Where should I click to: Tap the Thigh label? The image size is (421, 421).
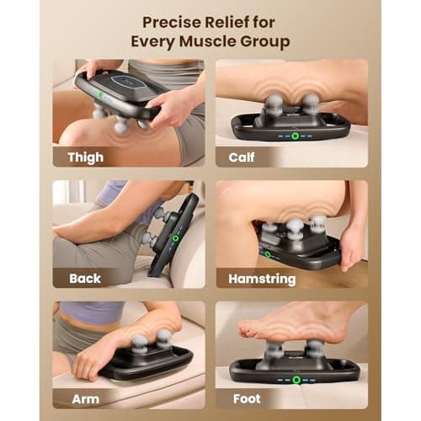(86, 157)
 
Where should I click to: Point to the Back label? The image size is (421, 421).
(83, 278)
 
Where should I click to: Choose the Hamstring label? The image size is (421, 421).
(261, 278)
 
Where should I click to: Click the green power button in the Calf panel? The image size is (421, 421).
(295, 136)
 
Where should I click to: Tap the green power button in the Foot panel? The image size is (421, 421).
(296, 380)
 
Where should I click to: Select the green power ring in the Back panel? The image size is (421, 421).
(175, 238)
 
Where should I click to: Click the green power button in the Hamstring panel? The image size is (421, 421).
(267, 253)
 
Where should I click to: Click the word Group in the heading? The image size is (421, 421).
(271, 40)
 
